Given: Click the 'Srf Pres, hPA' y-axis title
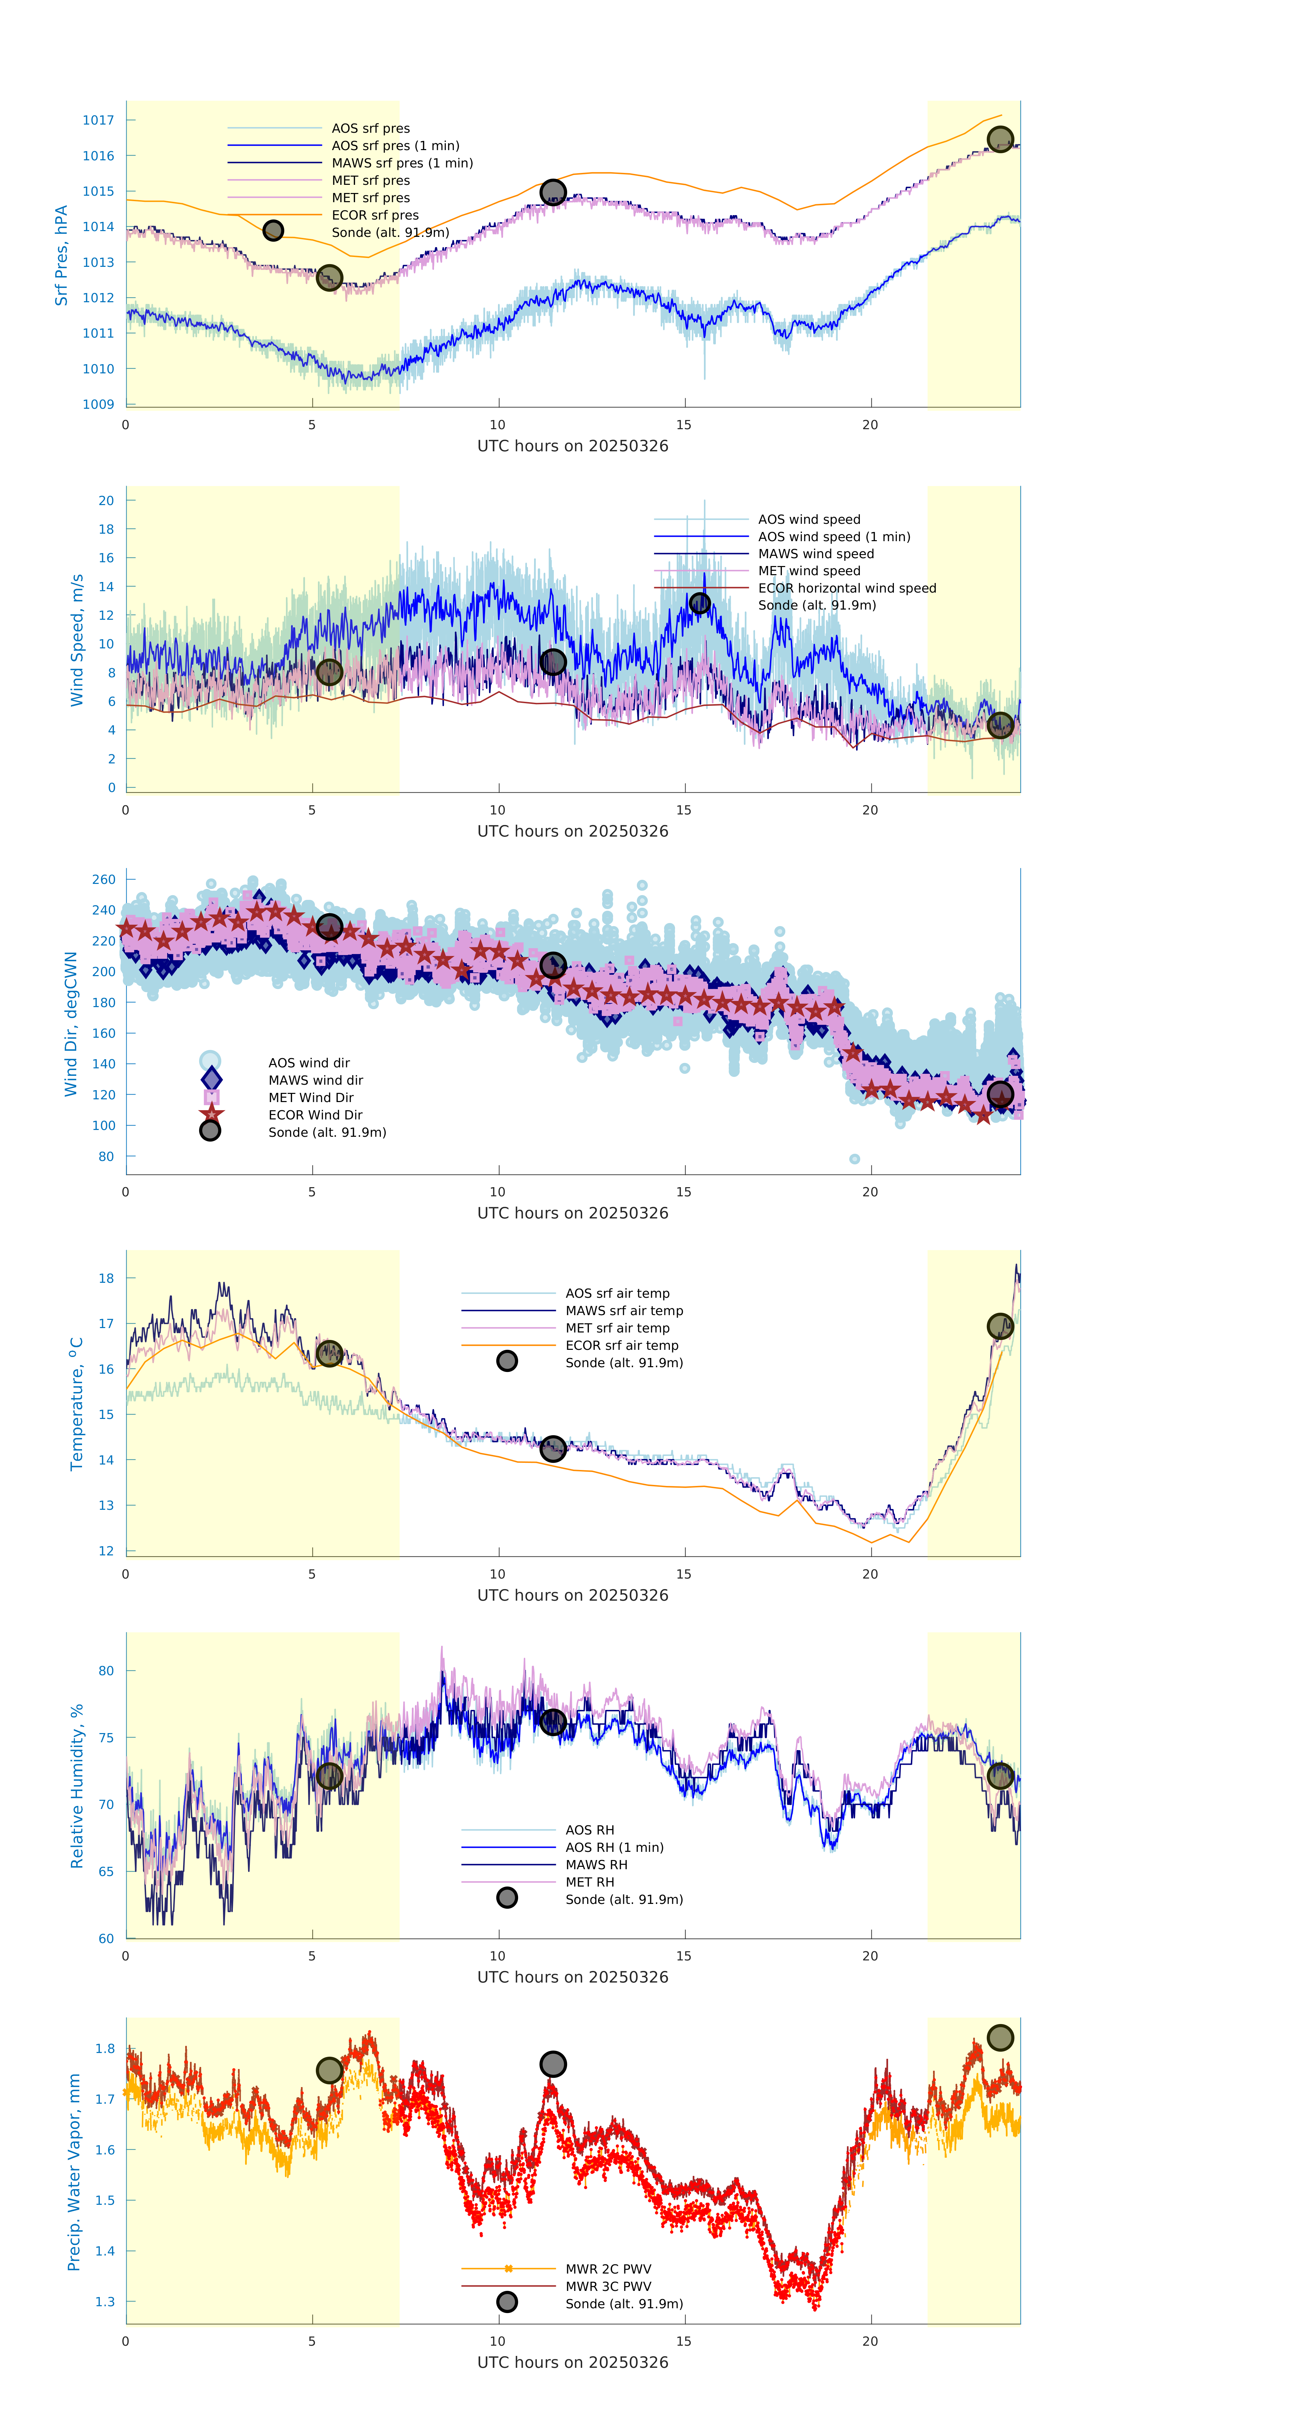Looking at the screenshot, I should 61,255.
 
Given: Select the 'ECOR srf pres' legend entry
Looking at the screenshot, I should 375,215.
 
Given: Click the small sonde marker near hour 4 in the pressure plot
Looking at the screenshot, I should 273,231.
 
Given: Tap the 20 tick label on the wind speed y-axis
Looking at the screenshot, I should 107,501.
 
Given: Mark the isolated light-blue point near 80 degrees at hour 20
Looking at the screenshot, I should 855,1159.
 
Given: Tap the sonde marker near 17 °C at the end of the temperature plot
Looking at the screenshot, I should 1000,1326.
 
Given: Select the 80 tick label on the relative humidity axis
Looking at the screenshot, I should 107,1671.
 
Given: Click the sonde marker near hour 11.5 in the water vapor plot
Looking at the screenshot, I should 552,2065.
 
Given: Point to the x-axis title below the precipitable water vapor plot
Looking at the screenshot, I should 573,2363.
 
